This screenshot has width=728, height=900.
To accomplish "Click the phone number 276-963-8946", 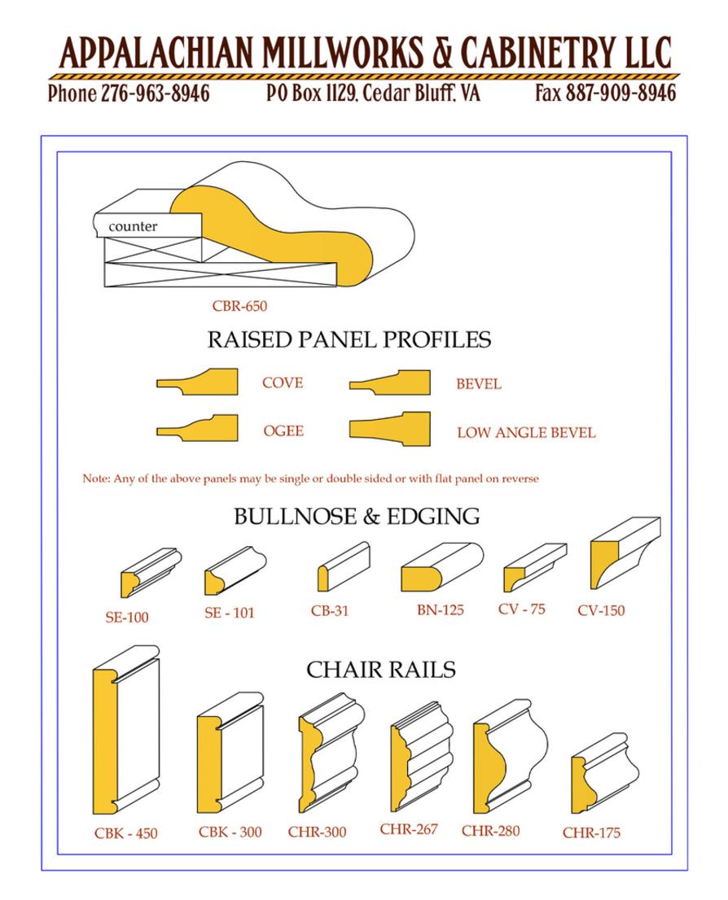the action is click(156, 93).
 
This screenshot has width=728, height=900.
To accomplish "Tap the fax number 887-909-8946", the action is click(621, 93).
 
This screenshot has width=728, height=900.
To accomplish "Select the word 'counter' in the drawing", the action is click(133, 226).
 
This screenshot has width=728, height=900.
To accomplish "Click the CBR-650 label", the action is click(239, 306).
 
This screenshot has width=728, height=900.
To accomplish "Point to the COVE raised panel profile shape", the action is click(197, 382).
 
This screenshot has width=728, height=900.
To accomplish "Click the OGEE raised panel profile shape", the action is click(197, 428).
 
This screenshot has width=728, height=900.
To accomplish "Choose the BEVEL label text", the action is click(479, 384).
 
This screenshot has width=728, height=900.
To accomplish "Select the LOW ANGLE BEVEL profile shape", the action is click(389, 429).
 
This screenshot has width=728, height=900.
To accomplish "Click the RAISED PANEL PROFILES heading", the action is click(349, 340).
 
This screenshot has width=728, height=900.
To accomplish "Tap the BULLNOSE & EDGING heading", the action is click(357, 517).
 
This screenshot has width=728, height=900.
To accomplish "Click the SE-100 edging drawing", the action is click(151, 573).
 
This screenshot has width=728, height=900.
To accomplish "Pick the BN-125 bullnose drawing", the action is click(442, 567).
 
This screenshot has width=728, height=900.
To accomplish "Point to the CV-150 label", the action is click(601, 610).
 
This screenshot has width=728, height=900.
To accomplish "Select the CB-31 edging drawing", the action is click(344, 566).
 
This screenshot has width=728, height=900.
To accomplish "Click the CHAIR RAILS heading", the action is click(381, 670).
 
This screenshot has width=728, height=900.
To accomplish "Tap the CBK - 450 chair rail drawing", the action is click(126, 730).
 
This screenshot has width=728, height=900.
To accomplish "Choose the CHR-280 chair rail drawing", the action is click(511, 757).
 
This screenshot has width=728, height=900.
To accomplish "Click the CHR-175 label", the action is click(591, 832).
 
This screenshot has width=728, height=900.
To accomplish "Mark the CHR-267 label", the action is click(409, 829).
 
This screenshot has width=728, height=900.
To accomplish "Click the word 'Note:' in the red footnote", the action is click(96, 478).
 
